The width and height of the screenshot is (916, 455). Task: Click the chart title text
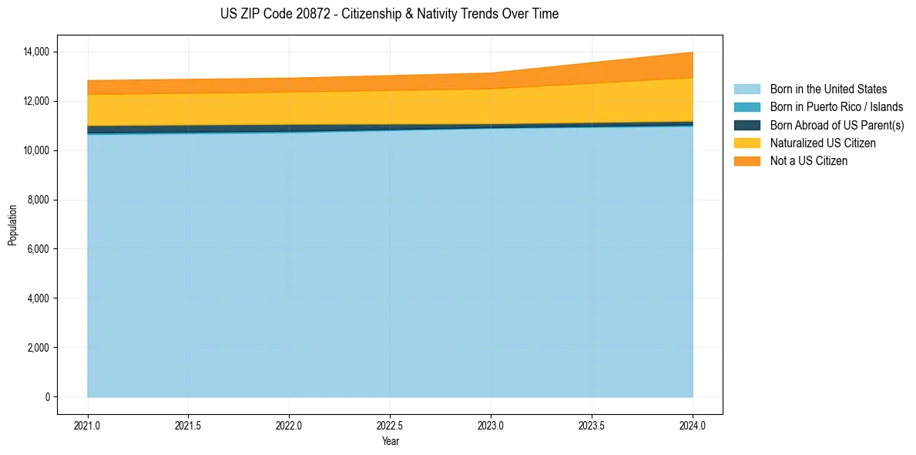point(389,14)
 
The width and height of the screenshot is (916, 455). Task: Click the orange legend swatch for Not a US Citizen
point(747,161)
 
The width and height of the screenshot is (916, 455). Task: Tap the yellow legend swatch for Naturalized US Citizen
point(747,143)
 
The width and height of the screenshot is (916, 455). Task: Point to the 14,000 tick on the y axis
point(35,52)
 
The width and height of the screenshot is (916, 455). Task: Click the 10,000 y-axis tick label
point(35,150)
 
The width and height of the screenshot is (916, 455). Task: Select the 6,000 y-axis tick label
point(38,249)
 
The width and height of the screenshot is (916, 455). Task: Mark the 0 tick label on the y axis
point(47,397)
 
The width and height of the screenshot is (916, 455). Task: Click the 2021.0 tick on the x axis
point(88,424)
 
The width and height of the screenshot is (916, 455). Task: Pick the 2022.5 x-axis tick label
point(390,424)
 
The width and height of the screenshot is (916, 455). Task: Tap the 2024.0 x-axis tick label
point(693,424)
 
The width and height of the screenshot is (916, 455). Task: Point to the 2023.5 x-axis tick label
point(592,424)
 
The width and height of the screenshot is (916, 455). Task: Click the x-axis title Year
point(390,441)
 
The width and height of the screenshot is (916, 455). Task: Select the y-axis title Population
point(12,225)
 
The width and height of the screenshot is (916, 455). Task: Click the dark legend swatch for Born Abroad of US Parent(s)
point(747,125)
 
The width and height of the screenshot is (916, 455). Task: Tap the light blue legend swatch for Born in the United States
point(747,89)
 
